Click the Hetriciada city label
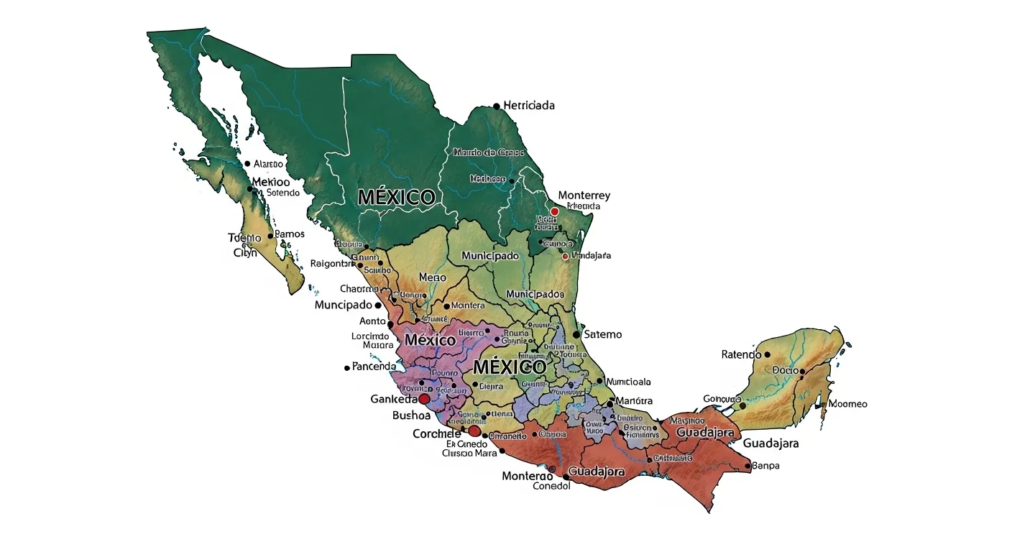click(x=529, y=106)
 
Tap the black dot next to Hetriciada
click(x=497, y=106)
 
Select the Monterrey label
click(x=584, y=195)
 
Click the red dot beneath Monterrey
click(x=554, y=211)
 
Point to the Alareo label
click(x=269, y=164)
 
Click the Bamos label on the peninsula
click(x=290, y=234)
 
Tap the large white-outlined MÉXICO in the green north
click(x=396, y=198)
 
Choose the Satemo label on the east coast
click(x=603, y=334)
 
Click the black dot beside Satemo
click(x=576, y=334)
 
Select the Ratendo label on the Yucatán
click(x=741, y=354)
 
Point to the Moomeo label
click(x=847, y=404)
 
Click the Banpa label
click(x=766, y=466)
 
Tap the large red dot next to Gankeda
click(x=424, y=398)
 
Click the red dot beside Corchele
click(x=474, y=431)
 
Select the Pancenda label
click(x=374, y=367)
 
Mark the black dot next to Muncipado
click(x=379, y=305)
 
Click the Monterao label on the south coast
click(x=528, y=476)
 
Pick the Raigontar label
click(x=333, y=264)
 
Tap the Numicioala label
click(x=629, y=382)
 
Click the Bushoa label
click(x=411, y=415)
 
